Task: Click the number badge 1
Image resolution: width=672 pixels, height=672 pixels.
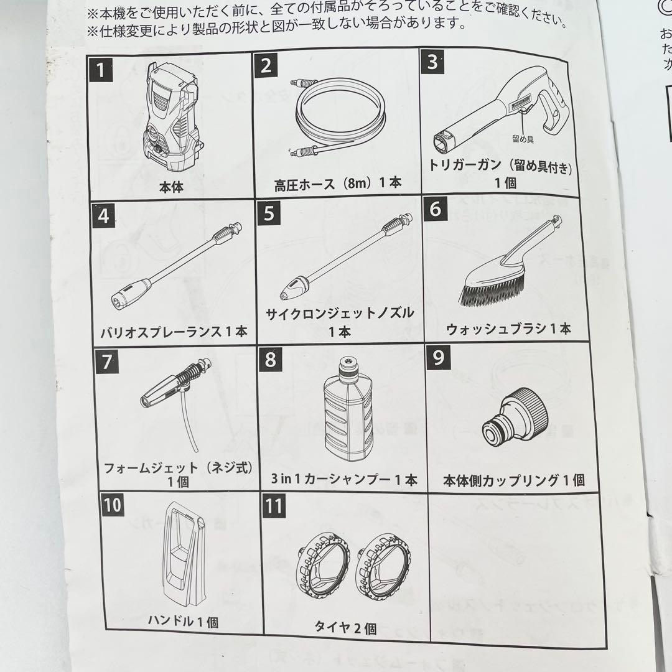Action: click(x=100, y=70)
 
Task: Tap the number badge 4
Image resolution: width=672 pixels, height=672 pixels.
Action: click(x=103, y=216)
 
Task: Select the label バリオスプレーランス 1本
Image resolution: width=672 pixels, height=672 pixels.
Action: click(x=174, y=332)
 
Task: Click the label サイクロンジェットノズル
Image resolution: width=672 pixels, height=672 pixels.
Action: click(x=340, y=313)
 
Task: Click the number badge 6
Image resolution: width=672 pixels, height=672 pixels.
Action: click(x=435, y=208)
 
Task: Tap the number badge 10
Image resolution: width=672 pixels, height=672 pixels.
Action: click(x=112, y=505)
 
